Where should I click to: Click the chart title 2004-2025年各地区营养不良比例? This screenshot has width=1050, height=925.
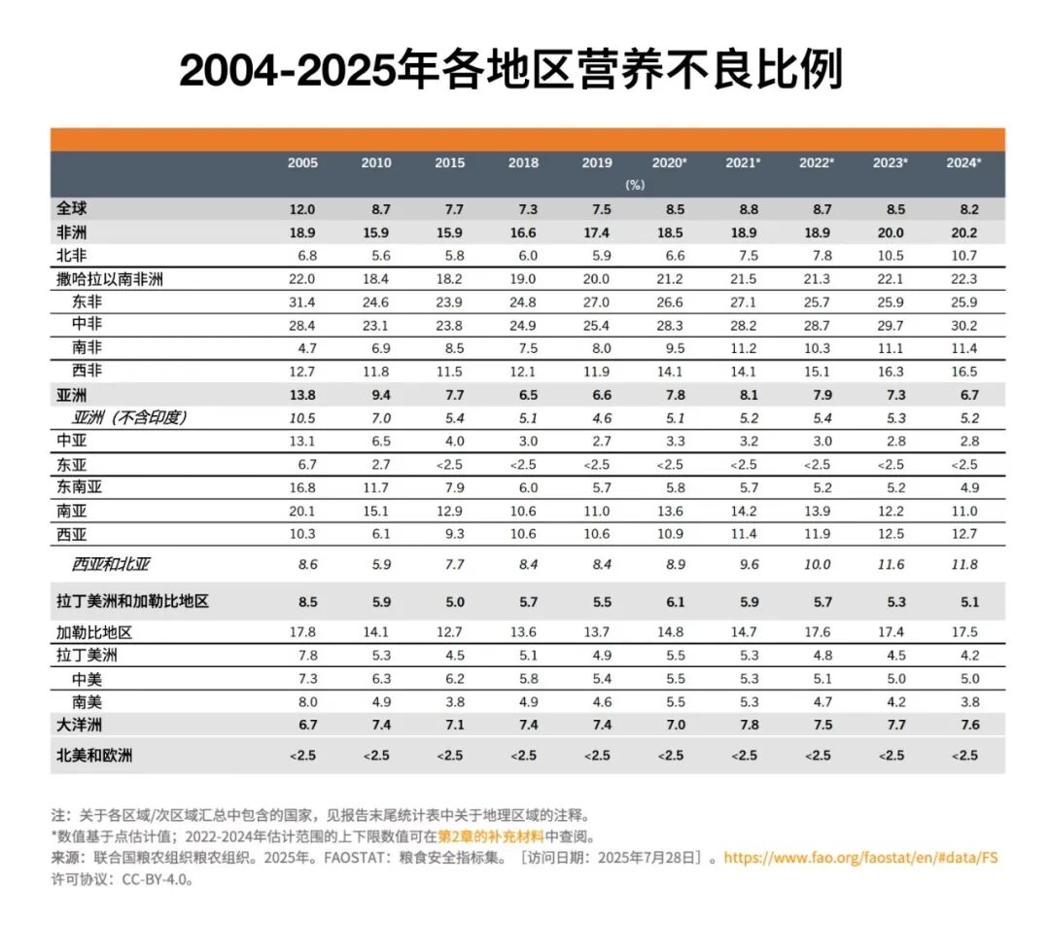click(x=512, y=70)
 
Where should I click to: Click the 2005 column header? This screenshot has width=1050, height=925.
click(x=301, y=162)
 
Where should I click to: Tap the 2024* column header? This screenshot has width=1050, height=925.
click(x=963, y=162)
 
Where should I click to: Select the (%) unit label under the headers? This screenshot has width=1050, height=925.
click(x=634, y=185)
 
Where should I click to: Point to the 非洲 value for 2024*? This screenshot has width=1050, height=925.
click(x=963, y=233)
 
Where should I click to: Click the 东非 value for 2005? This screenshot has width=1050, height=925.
click(x=301, y=302)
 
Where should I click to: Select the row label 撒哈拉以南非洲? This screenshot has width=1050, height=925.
click(x=109, y=279)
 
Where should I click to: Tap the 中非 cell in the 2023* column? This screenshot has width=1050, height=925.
click(x=890, y=325)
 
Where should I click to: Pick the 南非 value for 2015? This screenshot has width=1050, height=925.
click(x=449, y=348)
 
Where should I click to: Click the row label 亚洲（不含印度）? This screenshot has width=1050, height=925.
click(x=128, y=418)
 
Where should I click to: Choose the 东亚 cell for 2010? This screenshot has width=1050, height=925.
click(x=376, y=465)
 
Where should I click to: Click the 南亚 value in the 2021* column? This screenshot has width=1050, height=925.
click(x=743, y=512)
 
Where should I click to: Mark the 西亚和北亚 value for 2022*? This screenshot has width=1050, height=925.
click(x=817, y=564)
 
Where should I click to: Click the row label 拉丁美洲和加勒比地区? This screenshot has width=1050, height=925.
click(x=132, y=602)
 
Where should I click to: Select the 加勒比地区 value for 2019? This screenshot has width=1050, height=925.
click(x=596, y=632)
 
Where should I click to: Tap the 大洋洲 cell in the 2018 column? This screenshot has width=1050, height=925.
click(x=523, y=726)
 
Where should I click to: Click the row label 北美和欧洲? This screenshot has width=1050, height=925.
click(x=93, y=756)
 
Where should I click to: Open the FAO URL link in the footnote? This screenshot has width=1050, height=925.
click(x=861, y=858)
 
